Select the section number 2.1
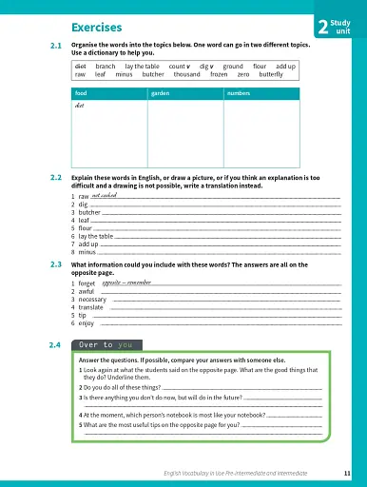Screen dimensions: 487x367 [55, 46]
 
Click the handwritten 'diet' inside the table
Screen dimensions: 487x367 [80, 106]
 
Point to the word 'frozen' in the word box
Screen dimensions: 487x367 [219, 74]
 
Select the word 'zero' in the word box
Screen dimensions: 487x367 [243, 74]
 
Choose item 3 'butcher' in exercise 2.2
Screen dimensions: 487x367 [88, 212]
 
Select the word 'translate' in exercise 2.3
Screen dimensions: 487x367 [91, 307]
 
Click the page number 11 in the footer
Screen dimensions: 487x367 [347, 473]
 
